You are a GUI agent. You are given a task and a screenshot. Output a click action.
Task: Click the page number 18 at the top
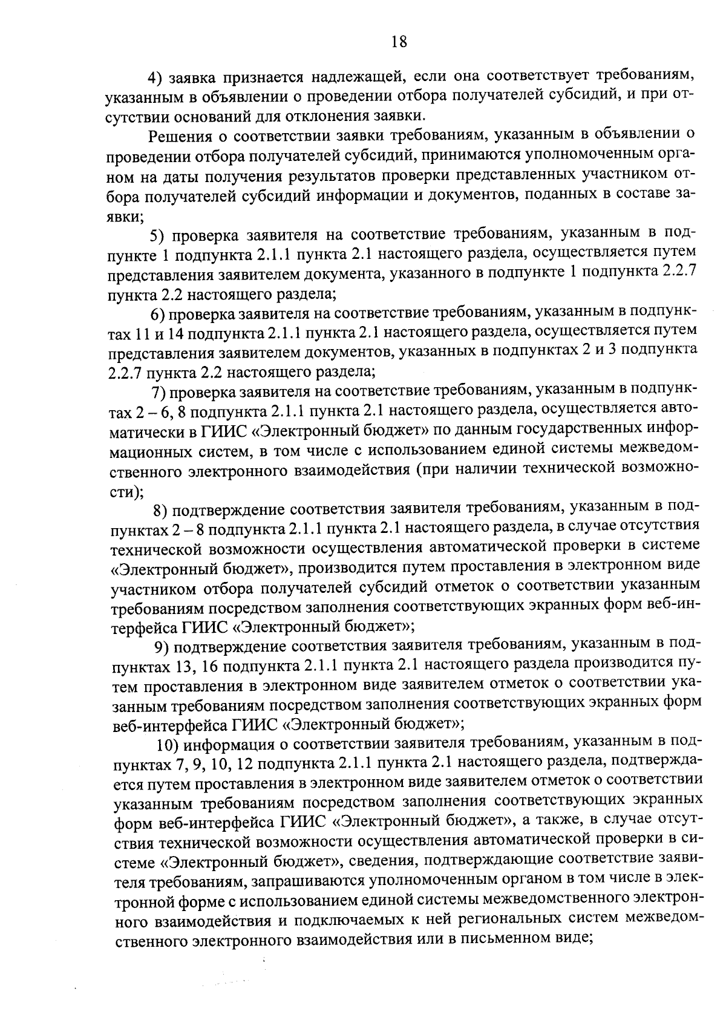pyautogui.click(x=399, y=42)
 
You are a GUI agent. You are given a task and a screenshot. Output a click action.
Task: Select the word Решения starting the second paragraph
pyautogui.click(x=181, y=136)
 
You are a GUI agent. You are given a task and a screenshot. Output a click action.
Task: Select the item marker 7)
pyautogui.click(x=159, y=392)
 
